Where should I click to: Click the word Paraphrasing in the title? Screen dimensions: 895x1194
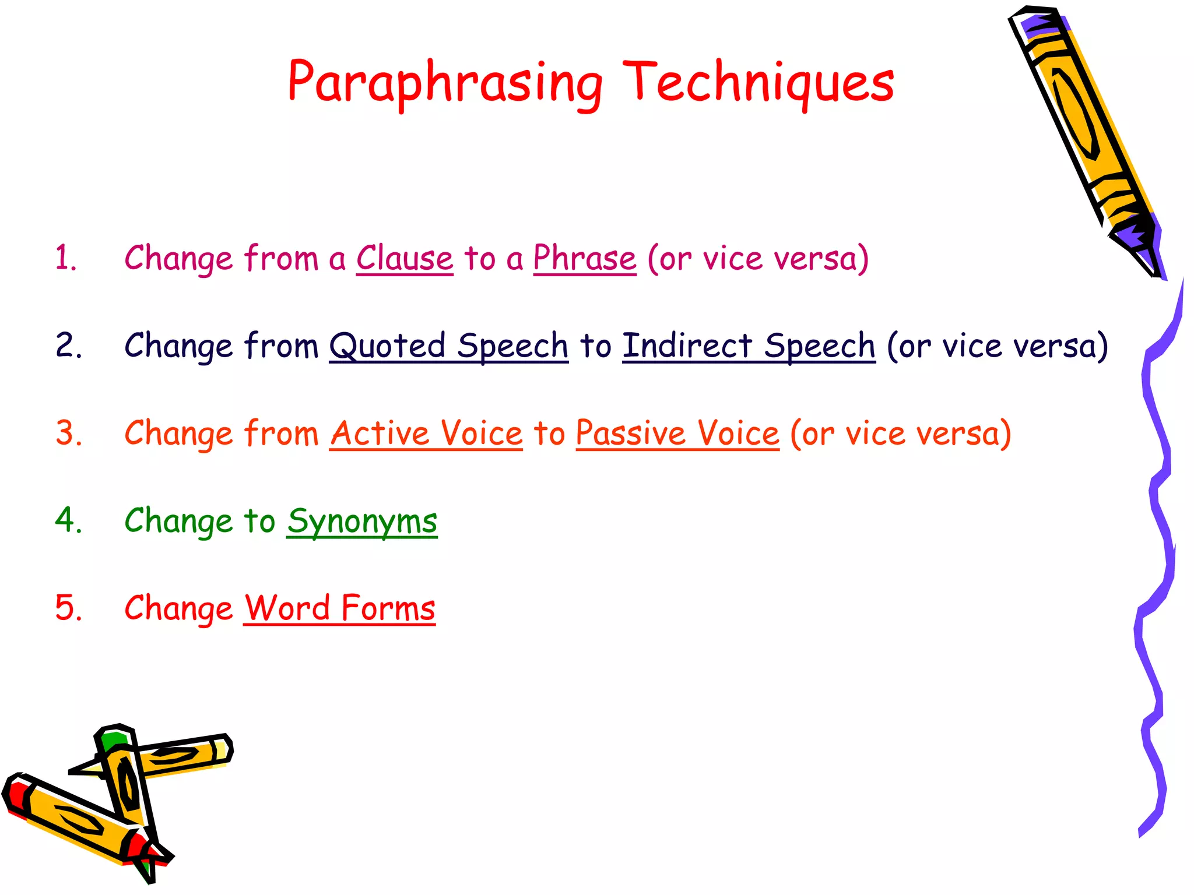[x=444, y=83]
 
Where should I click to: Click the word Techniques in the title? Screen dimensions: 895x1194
[x=758, y=83]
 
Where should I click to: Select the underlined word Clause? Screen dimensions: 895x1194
[x=405, y=258]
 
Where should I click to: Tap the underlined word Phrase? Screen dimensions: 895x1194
[x=585, y=258]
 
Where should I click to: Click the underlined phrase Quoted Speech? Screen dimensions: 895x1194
[x=448, y=346]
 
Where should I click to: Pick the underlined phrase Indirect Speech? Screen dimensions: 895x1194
[x=749, y=346]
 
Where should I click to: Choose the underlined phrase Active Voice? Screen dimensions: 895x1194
[x=426, y=434]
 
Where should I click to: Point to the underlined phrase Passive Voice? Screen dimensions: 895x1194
[x=677, y=434]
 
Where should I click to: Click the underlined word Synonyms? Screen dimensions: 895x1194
[x=362, y=521]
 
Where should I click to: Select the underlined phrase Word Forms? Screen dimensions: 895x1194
[x=339, y=608]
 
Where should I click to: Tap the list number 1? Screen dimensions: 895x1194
[x=66, y=258]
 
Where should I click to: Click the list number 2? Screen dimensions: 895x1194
[x=68, y=346]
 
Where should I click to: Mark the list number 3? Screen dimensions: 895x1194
[x=68, y=434]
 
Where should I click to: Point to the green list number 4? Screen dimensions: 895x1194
[x=68, y=520]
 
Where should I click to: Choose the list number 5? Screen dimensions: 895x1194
[x=68, y=608]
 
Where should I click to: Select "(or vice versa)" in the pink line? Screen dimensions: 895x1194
[x=758, y=258]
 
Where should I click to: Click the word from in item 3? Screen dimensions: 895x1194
[x=281, y=434]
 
